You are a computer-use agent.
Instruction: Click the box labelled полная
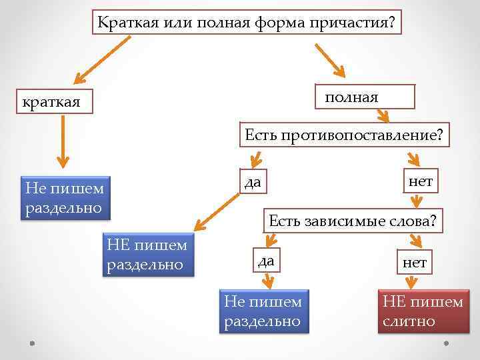pos(365,97)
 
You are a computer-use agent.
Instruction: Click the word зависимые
pos(347,221)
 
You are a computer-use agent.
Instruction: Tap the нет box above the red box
pos(414,261)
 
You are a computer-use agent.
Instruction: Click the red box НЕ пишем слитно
pos(422,311)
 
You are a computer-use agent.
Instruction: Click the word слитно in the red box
pos(409,321)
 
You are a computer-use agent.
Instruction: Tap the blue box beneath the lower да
pos(263,311)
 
